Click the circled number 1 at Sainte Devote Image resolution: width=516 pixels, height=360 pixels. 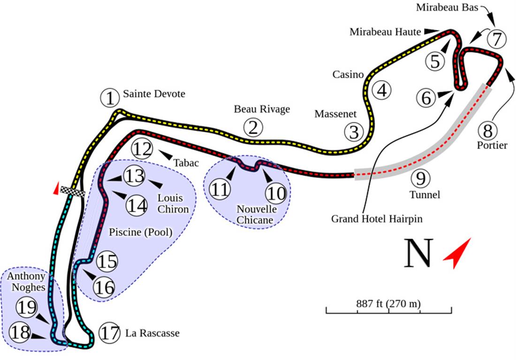tap(110, 98)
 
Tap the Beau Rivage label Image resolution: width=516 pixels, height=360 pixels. tap(262, 109)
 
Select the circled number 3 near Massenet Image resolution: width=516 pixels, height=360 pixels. tap(354, 132)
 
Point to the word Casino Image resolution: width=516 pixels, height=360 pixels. tap(348, 75)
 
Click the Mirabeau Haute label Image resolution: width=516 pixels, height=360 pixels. tap(386, 32)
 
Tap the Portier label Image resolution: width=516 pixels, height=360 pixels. tap(492, 145)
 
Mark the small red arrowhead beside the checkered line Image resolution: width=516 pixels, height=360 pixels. tap(56, 188)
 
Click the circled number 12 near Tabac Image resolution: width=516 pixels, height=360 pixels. tap(142, 149)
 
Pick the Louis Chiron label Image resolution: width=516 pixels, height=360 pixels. tap(173, 203)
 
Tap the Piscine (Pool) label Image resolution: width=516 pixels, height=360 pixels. tap(140, 232)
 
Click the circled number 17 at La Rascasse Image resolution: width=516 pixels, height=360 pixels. tap(110, 333)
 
